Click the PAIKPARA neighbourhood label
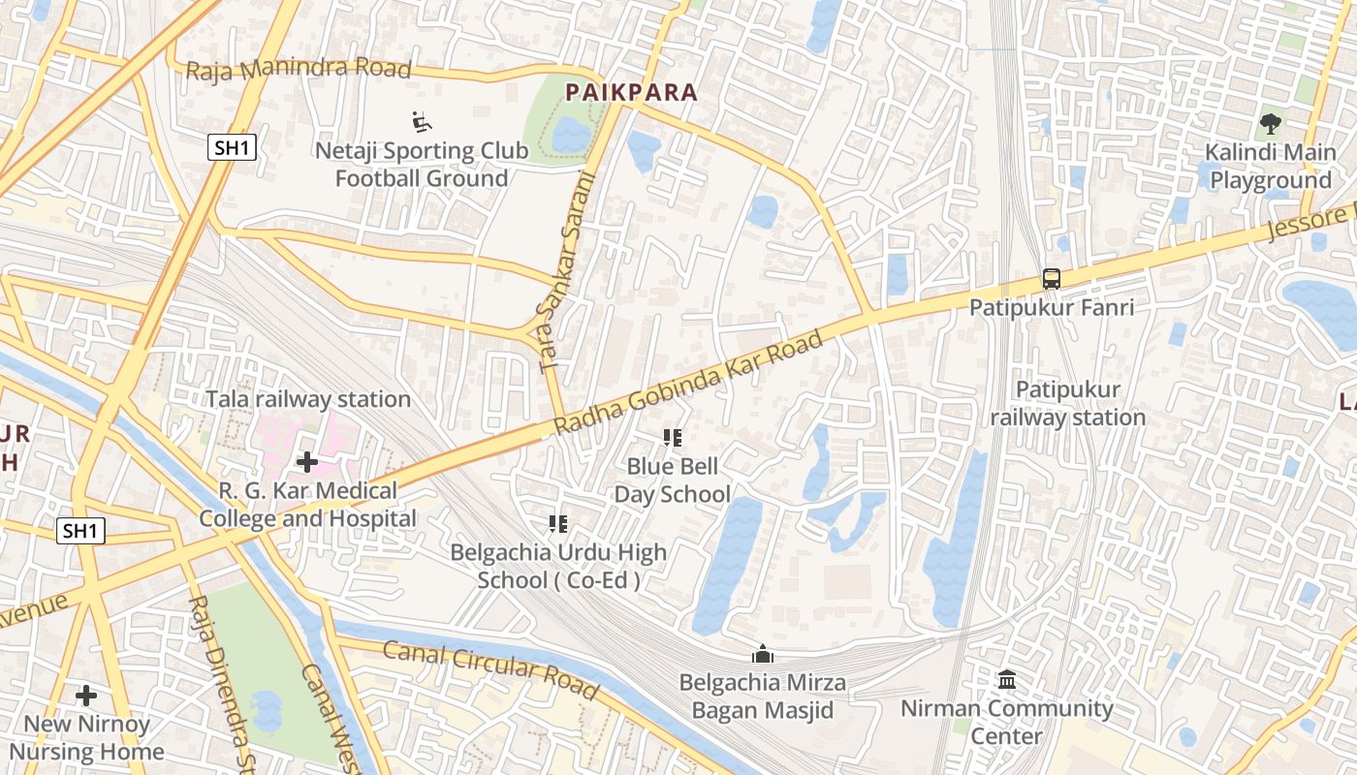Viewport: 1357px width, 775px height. [x=631, y=92]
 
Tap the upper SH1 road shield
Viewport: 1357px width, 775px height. [x=232, y=148]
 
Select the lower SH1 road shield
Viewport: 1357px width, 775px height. [x=79, y=531]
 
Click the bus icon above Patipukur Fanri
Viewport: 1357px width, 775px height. [x=1052, y=279]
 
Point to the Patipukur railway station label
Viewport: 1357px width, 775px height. [x=1067, y=404]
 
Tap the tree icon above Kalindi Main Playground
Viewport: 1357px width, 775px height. [x=1270, y=124]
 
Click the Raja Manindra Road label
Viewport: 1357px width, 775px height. [x=299, y=70]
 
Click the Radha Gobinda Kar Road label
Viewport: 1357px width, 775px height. [x=688, y=383]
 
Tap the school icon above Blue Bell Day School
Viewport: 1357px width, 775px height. [x=672, y=439]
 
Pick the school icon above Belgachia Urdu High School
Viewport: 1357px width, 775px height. [x=558, y=525]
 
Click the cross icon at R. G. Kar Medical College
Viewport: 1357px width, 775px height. [x=307, y=462]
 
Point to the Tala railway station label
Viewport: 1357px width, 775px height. [x=308, y=399]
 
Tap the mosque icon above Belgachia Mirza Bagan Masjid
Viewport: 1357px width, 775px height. [x=763, y=655]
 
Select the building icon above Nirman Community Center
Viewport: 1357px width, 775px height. [x=1007, y=680]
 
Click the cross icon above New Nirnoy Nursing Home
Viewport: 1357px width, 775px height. [x=86, y=696]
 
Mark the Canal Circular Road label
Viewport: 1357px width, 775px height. [x=490, y=669]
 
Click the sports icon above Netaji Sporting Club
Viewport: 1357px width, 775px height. [x=422, y=122]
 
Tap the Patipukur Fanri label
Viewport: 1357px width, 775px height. [x=1052, y=308]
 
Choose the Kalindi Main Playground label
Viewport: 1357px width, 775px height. [x=1270, y=167]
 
